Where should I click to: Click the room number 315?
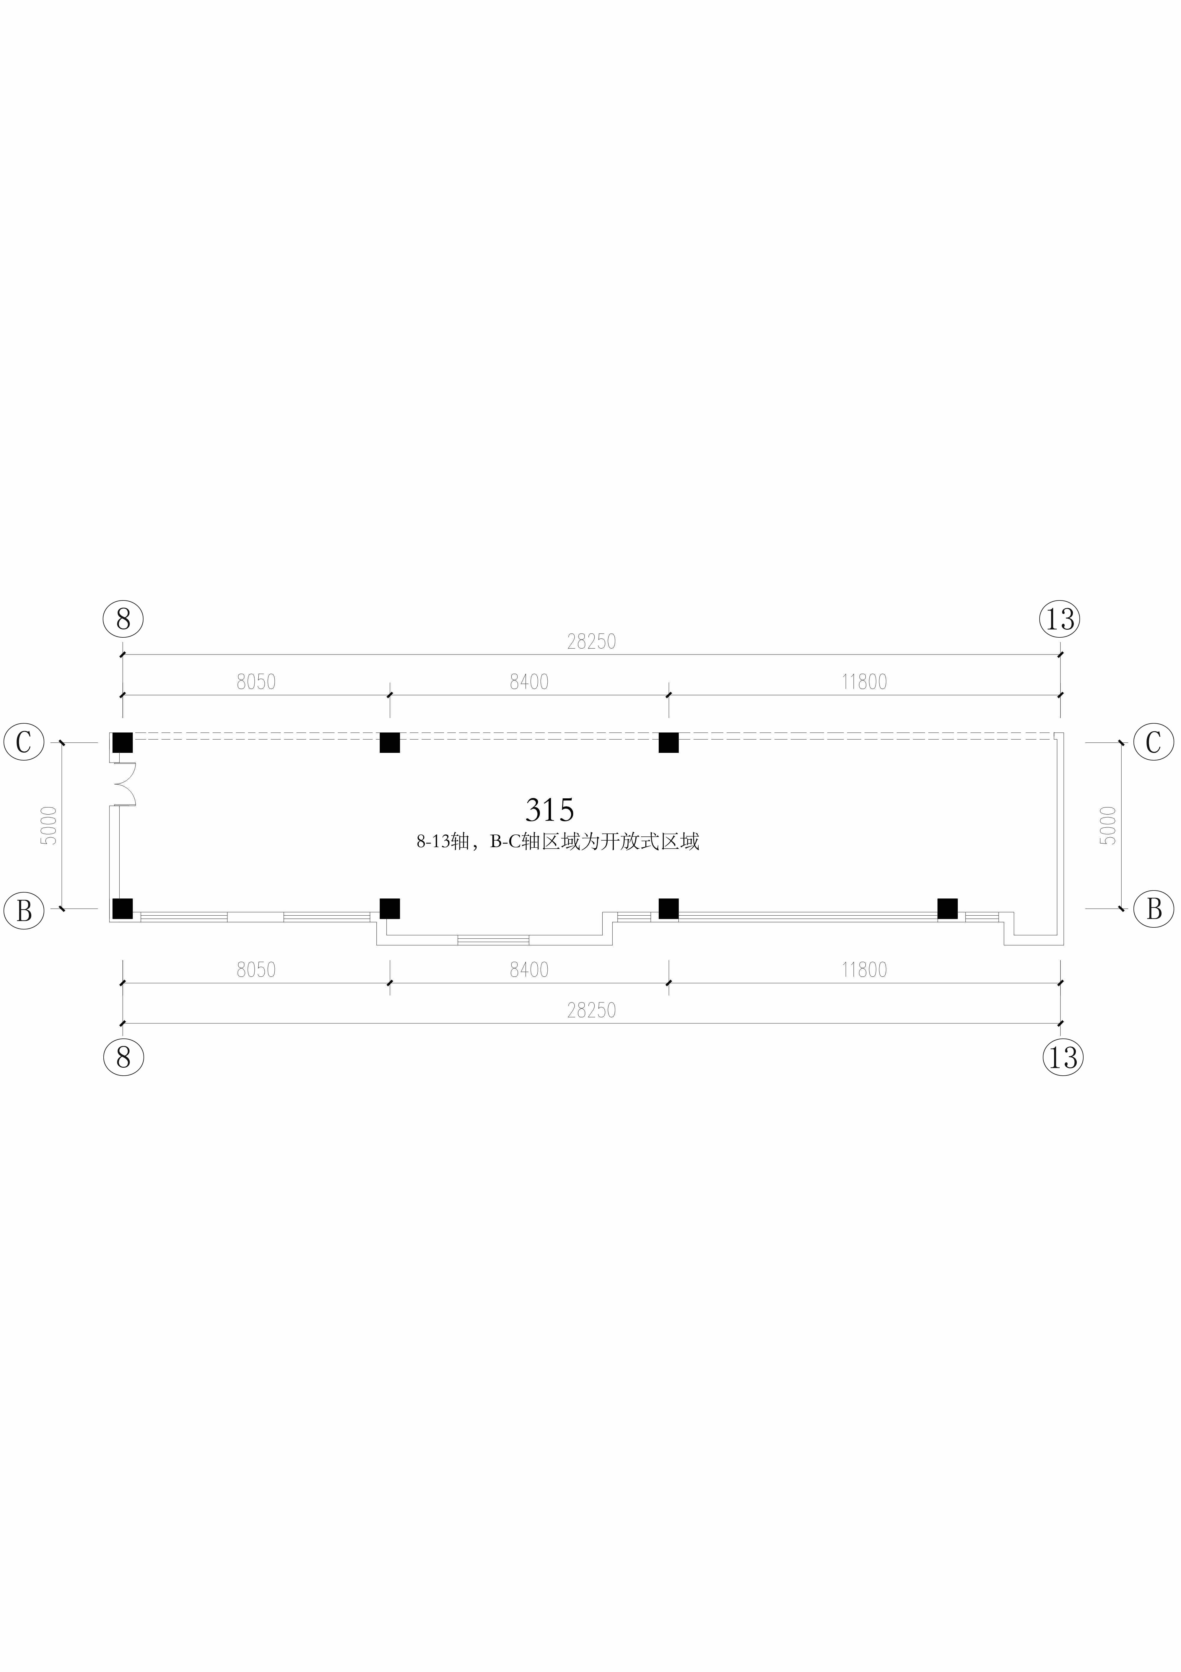tap(550, 810)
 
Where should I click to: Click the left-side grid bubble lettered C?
tap(24, 742)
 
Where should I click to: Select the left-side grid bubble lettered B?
tap(24, 910)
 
